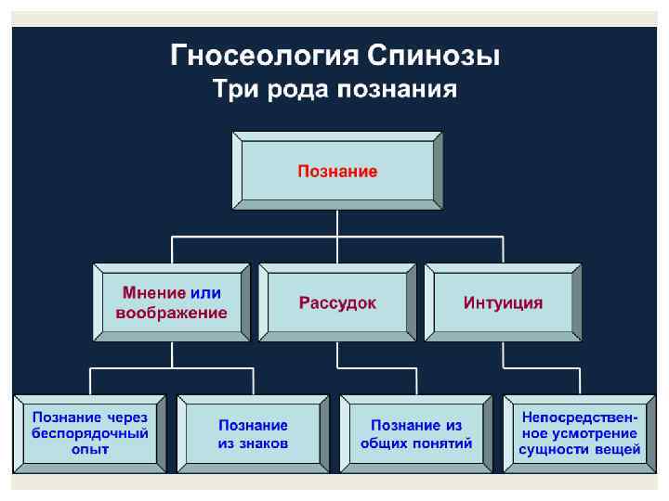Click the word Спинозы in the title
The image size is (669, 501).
point(434,57)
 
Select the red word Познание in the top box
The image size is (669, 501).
point(337,172)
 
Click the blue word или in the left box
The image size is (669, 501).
point(205,293)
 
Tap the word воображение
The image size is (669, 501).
point(171,314)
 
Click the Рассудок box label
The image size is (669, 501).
point(337,303)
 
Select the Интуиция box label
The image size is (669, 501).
point(503,303)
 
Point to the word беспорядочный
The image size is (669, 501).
point(90,433)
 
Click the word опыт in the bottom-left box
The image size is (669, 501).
point(90,450)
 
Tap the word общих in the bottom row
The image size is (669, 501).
point(386,443)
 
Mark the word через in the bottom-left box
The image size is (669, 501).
point(127,417)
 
